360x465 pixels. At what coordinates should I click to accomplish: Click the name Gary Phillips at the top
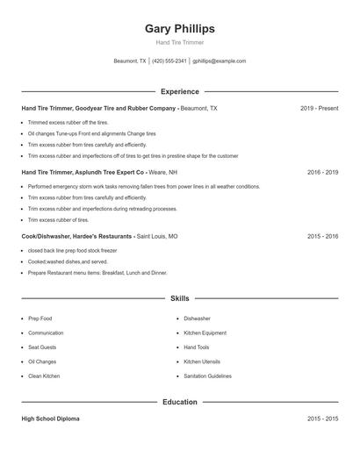click(179, 29)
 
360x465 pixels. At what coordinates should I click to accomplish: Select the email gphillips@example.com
click(219, 61)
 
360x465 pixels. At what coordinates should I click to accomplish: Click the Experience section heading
click(179, 91)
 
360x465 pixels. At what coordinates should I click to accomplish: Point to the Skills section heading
click(179, 298)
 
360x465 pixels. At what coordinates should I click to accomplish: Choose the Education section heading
click(179, 402)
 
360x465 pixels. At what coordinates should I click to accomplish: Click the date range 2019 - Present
click(319, 108)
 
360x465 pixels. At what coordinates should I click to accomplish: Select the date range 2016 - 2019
click(322, 172)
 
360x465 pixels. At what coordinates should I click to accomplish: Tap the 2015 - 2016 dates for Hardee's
click(322, 236)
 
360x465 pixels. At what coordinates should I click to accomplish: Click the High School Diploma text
click(52, 419)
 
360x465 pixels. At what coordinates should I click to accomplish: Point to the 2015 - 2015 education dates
click(322, 419)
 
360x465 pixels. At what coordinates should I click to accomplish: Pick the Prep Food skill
click(40, 318)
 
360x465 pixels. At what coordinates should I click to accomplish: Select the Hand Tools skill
click(197, 347)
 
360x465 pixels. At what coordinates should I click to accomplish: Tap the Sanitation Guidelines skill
click(207, 376)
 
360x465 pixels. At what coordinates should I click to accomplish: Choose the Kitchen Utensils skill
click(201, 361)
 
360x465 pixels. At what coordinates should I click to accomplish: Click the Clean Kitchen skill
click(44, 376)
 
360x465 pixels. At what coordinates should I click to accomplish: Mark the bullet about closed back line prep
click(72, 250)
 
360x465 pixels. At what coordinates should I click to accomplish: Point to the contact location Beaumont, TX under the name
click(130, 61)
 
